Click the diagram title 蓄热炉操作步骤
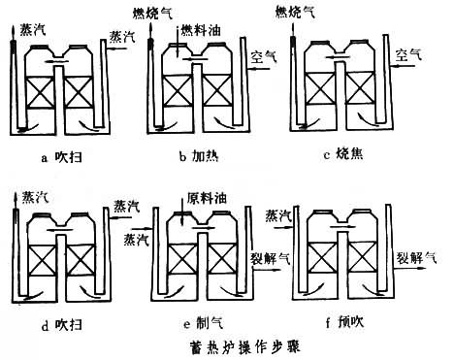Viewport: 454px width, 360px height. [x=244, y=346]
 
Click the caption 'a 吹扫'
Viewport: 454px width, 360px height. [x=61, y=157]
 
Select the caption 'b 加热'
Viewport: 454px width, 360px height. [x=199, y=156]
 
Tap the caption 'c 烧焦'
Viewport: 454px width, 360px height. [x=343, y=154]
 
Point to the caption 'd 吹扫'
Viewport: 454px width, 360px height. [x=61, y=325]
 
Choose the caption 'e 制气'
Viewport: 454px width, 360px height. [x=203, y=323]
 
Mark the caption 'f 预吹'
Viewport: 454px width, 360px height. [x=344, y=321]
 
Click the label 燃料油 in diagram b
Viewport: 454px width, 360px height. [x=201, y=30]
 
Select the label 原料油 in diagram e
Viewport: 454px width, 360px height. [x=207, y=198]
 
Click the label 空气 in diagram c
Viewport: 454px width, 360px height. [x=408, y=53]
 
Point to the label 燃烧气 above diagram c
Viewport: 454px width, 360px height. [x=295, y=13]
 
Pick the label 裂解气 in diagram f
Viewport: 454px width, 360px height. [x=417, y=258]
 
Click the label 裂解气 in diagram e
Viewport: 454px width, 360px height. [x=271, y=258]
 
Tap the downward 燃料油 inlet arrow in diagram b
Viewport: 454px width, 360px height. [x=178, y=42]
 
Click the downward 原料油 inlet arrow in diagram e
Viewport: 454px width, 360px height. [x=181, y=210]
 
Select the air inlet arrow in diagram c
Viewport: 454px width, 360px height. [x=403, y=66]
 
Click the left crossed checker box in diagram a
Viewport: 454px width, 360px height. [x=40, y=92]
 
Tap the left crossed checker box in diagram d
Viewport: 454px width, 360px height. [x=43, y=260]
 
